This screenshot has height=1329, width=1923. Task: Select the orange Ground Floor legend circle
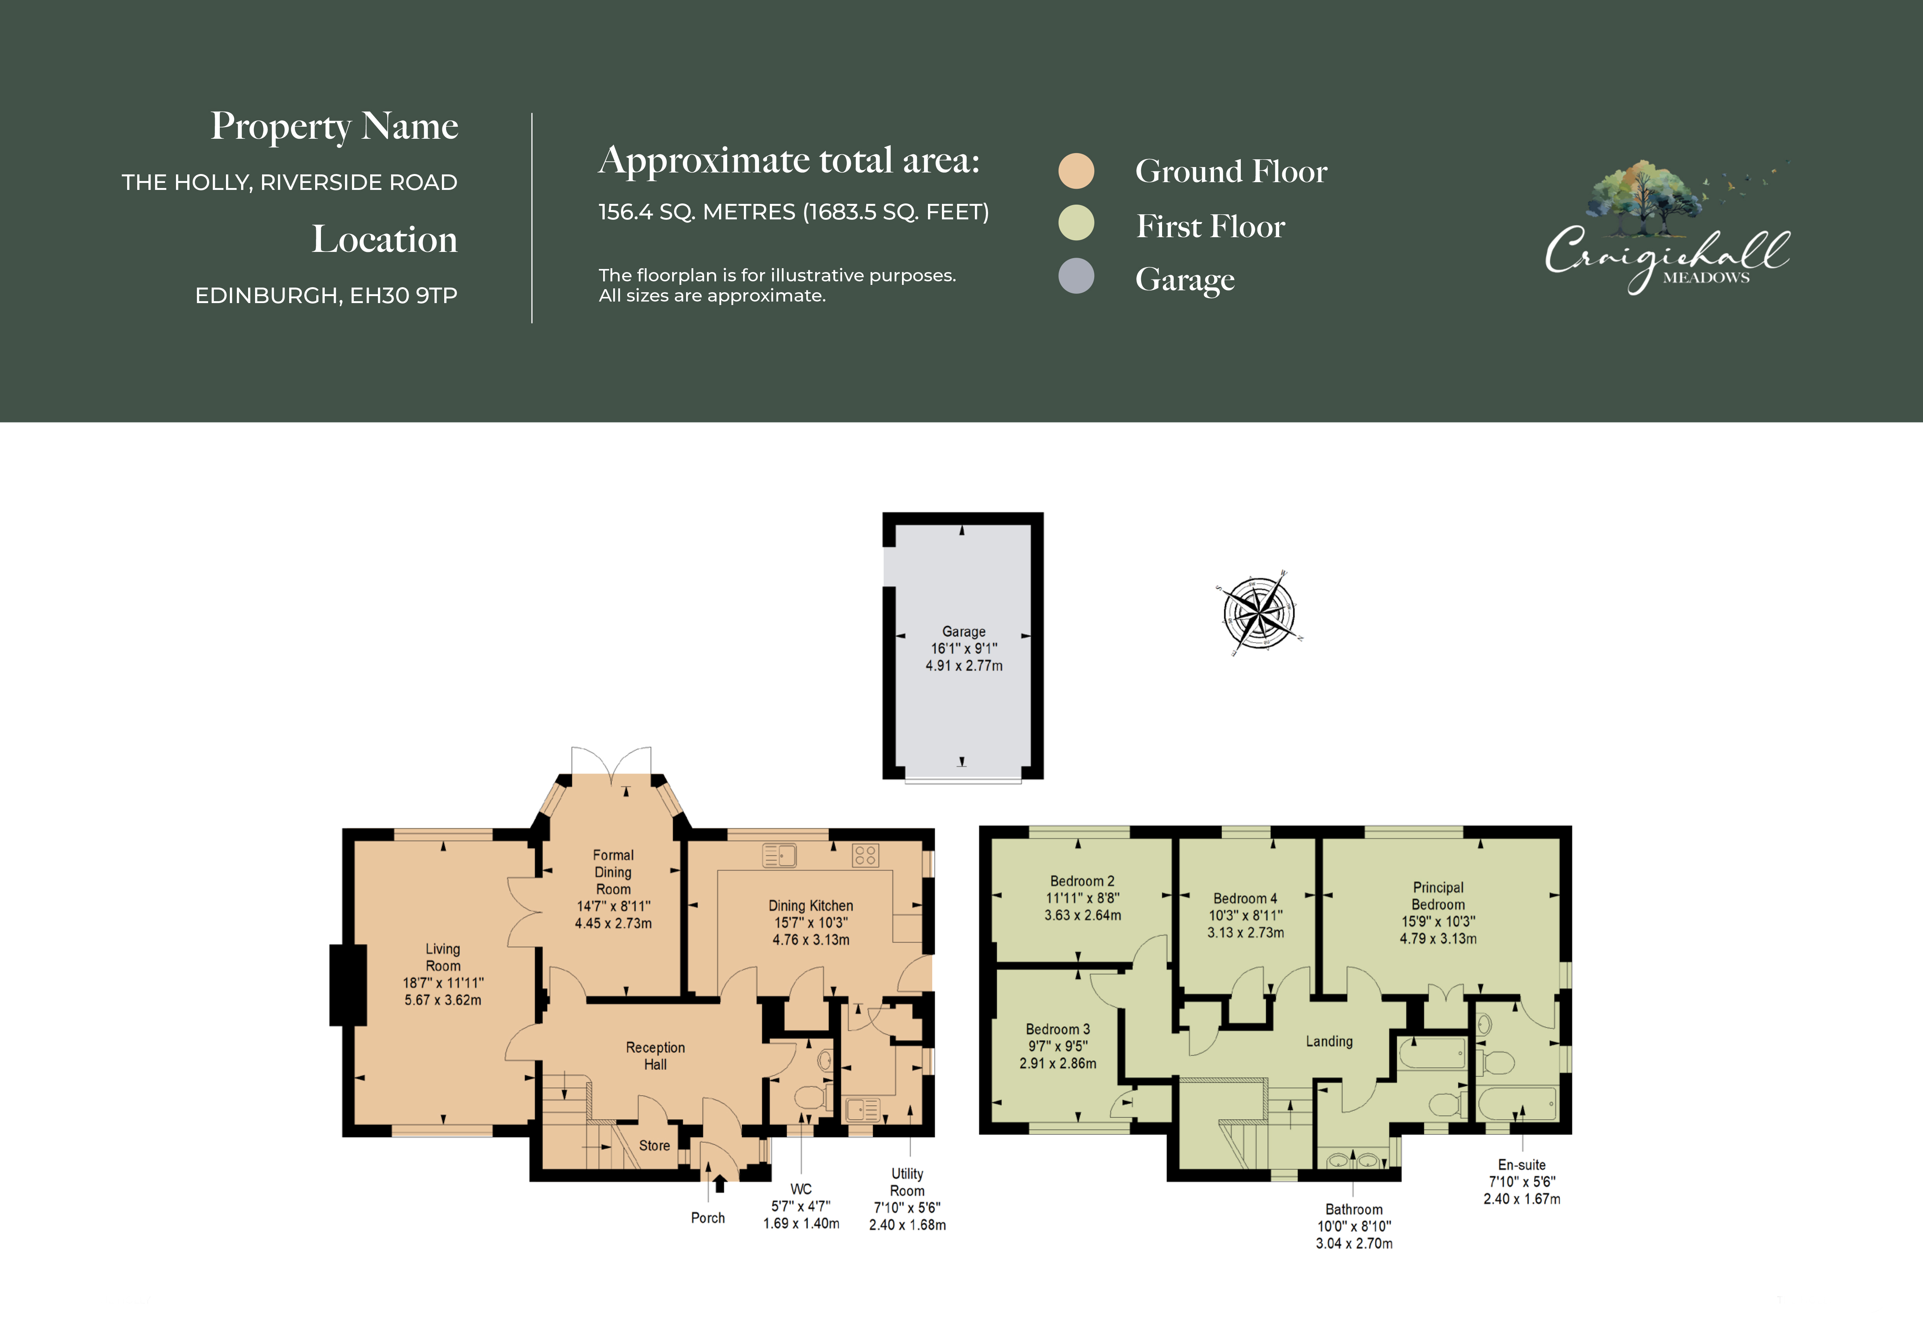coord(1076,171)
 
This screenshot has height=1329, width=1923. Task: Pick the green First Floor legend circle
coord(1076,223)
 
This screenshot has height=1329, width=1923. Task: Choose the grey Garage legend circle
coord(1076,276)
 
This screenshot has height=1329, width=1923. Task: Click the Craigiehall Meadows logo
coord(1667,226)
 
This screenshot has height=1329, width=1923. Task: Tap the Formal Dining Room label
coord(613,872)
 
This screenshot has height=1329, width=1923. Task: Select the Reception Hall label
coord(655,1056)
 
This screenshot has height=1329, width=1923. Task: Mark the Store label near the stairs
coord(655,1146)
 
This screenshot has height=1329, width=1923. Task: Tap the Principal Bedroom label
coord(1438,896)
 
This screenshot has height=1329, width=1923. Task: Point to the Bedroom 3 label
coord(1058,1029)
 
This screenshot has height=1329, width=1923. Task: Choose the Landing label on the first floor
coord(1329,1042)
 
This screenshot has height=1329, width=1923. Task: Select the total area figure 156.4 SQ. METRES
coord(697,212)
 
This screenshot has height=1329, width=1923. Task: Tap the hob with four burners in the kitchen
coord(865,855)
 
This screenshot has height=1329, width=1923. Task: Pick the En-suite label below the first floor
coord(1521,1165)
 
